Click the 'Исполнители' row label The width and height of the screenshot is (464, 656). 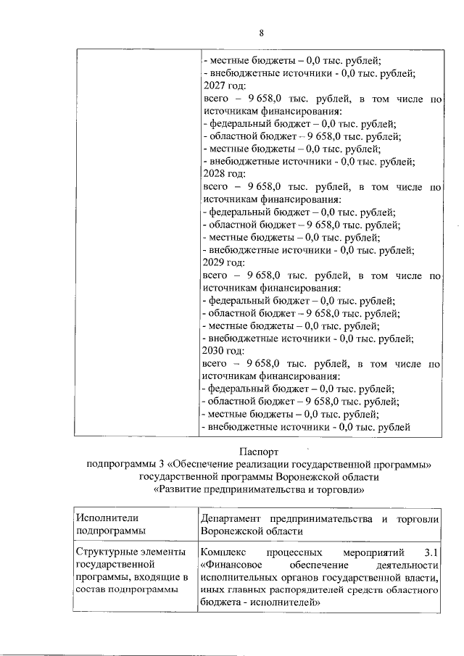point(104,518)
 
